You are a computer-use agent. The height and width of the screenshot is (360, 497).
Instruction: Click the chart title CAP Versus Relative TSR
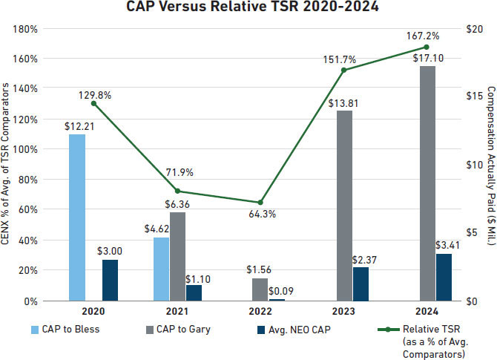click(248, 9)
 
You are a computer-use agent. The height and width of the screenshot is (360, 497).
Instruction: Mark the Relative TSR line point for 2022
click(260, 203)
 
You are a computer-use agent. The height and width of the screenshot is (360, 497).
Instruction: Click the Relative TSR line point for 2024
click(426, 47)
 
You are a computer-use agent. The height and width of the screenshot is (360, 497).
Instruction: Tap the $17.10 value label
click(428, 58)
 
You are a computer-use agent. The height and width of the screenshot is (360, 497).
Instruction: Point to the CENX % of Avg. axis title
click(8, 164)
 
